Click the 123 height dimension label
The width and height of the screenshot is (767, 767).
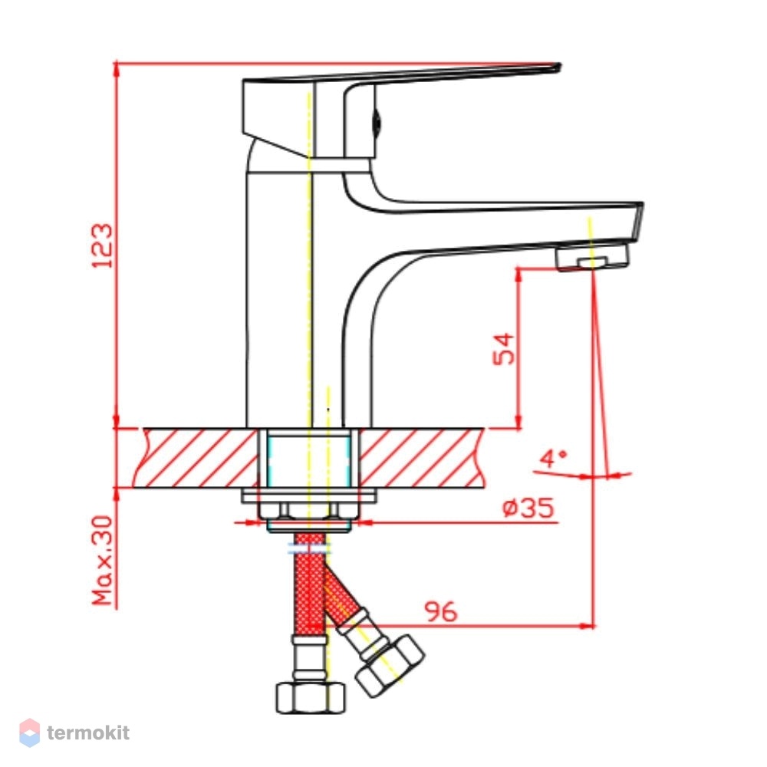[102, 245]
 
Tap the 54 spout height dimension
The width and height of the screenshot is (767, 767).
[504, 349]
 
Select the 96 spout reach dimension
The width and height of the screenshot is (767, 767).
[441, 611]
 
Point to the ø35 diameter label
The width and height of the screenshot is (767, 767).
[528, 509]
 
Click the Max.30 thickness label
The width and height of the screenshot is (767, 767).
[103, 561]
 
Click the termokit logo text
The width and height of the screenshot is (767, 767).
[88, 732]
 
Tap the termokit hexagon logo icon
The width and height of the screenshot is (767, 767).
[29, 732]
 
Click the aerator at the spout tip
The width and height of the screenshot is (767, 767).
[592, 257]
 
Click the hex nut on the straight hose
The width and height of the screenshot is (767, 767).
[310, 698]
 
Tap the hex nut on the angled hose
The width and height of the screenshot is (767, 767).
[390, 665]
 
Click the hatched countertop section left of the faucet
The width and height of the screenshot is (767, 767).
[195, 458]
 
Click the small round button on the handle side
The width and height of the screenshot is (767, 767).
[377, 123]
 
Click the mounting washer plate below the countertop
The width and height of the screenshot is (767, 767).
[309, 495]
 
